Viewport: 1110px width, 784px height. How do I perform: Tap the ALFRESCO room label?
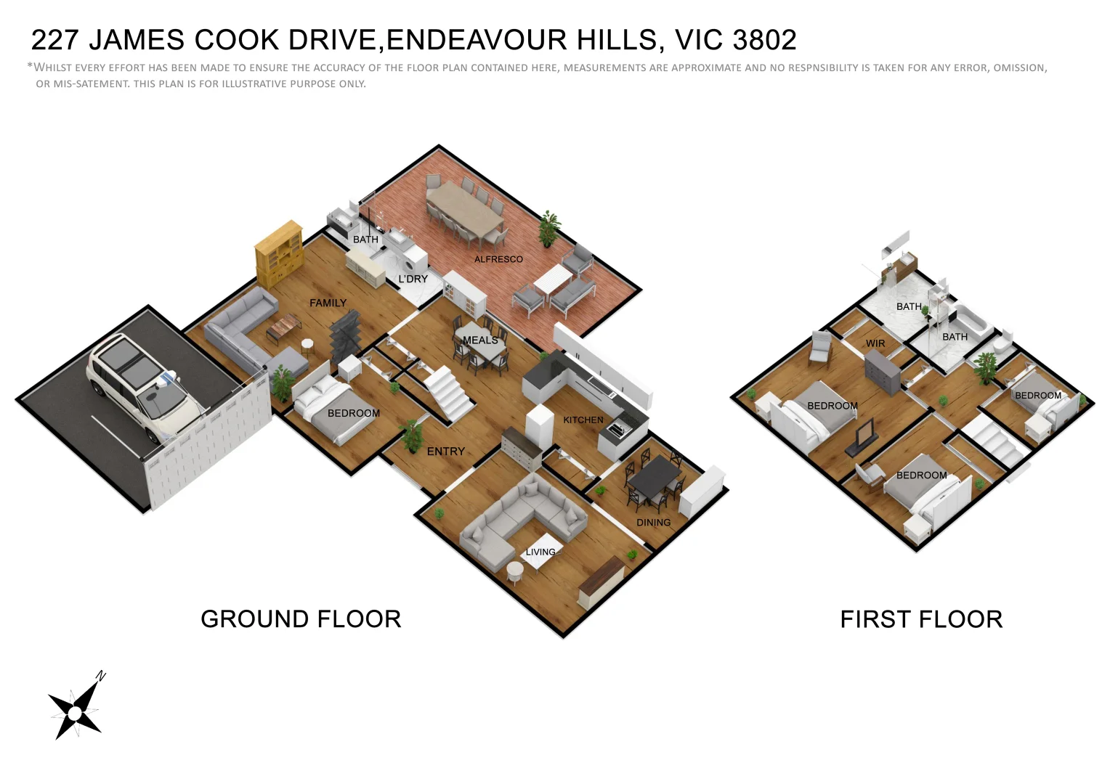pos(498,259)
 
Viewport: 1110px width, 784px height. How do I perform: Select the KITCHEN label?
pos(583,420)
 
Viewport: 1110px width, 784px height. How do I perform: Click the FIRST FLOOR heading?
pos(921,619)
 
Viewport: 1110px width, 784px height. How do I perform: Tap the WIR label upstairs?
pos(875,343)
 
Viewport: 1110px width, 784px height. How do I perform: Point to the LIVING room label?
pos(540,552)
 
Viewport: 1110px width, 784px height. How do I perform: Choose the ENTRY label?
pos(445,451)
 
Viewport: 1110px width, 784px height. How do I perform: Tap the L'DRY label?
pos(413,279)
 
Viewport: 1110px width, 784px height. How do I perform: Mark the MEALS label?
pos(480,340)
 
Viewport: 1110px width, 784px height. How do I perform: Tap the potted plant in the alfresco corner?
pos(550,228)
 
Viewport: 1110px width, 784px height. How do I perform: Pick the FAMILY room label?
pos(328,303)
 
